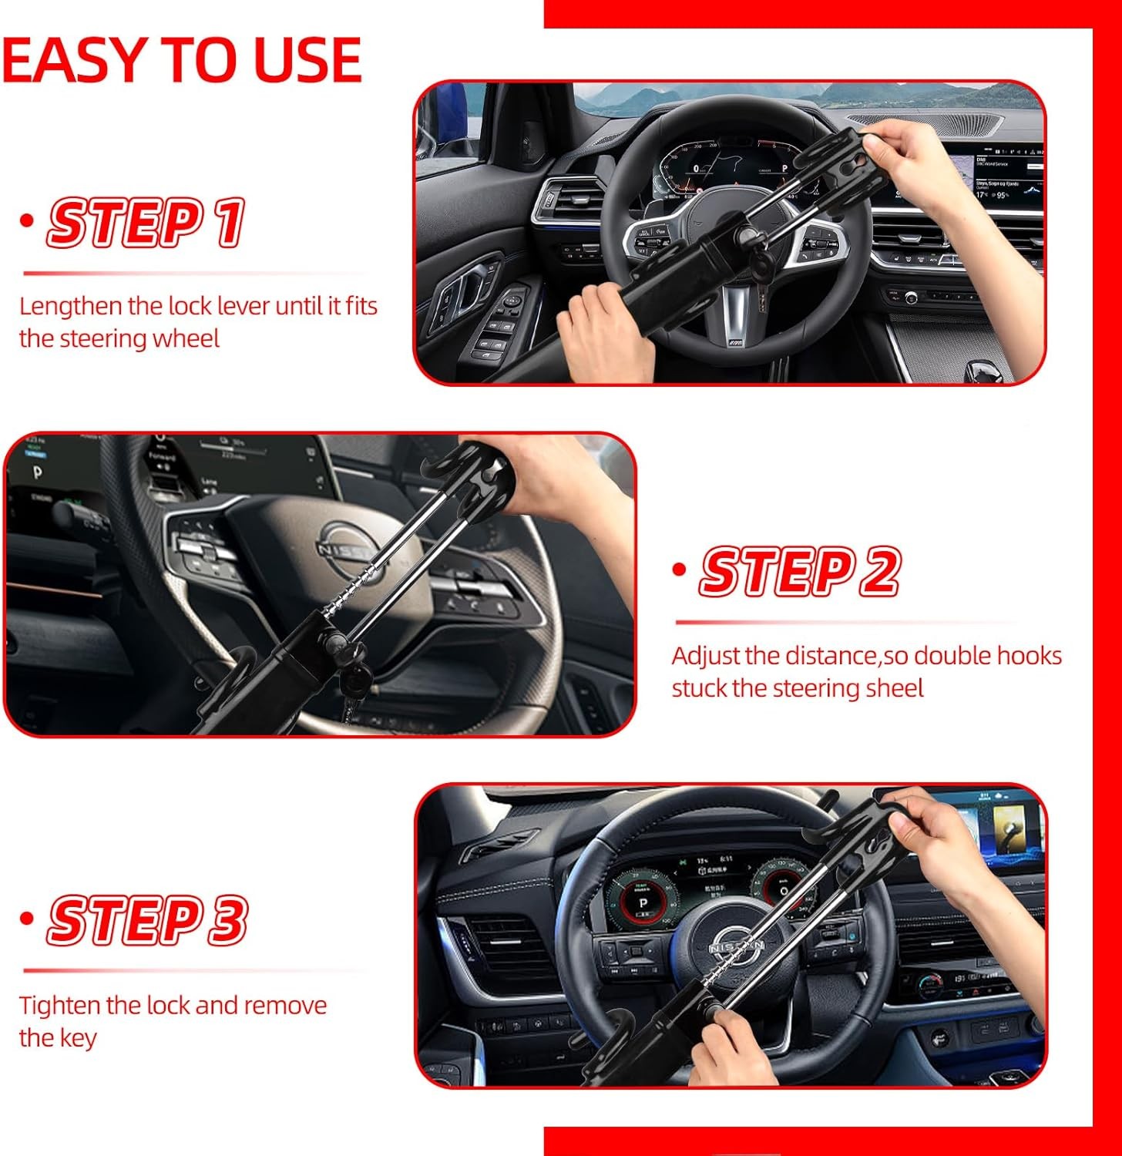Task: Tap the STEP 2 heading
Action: (799, 572)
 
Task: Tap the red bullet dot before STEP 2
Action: (679, 570)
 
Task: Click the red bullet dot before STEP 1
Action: (28, 221)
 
